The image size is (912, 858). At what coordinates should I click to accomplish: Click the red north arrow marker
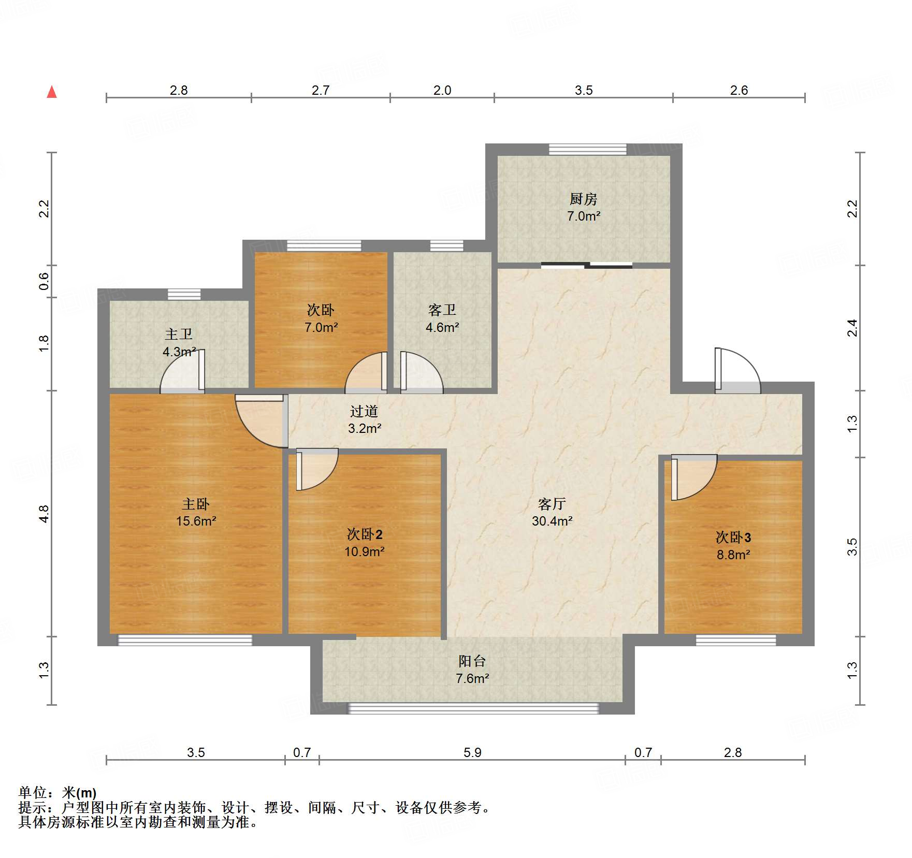52,92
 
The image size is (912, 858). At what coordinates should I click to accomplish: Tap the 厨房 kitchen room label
583,199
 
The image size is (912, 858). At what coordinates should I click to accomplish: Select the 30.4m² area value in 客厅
552,521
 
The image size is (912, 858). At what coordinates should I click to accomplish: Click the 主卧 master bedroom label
196,504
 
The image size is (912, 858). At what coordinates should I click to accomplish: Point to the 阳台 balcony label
472,661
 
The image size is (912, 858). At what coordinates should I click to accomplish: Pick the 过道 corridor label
364,411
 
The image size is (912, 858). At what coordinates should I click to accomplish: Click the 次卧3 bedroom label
733,537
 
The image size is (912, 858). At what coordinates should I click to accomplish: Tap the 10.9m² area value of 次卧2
365,551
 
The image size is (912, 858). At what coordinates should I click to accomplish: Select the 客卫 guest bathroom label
442,310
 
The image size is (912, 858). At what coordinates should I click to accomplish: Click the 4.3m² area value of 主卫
179,352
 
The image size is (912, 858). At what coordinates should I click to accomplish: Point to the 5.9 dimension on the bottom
472,752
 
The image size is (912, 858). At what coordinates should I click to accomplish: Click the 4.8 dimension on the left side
44,514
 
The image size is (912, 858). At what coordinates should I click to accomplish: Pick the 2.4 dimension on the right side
852,328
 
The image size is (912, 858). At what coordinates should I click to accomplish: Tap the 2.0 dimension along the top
442,90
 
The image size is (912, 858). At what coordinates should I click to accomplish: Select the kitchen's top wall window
588,150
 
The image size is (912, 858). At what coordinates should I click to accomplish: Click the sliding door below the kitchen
587,266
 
